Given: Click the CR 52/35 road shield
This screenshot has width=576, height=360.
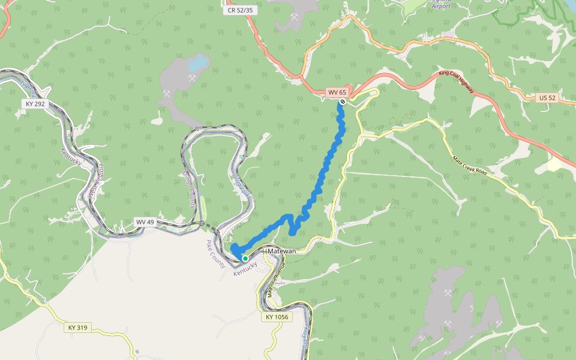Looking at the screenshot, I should tap(239, 10).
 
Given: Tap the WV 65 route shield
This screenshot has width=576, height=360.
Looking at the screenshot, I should tap(337, 92).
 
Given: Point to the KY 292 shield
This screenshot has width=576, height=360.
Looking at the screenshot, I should tap(35, 103).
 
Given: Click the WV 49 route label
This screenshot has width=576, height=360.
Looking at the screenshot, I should tap(145, 222).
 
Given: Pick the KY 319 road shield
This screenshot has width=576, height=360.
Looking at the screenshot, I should tap(78, 327).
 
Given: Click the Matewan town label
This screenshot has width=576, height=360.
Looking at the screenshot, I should tap(281, 251).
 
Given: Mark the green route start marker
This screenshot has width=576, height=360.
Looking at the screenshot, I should tap(245, 259).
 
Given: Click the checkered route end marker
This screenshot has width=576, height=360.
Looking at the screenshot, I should tap(342, 102).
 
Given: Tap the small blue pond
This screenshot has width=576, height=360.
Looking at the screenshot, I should tap(197, 62).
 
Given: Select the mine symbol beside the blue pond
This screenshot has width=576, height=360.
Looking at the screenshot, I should tap(192, 77).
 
